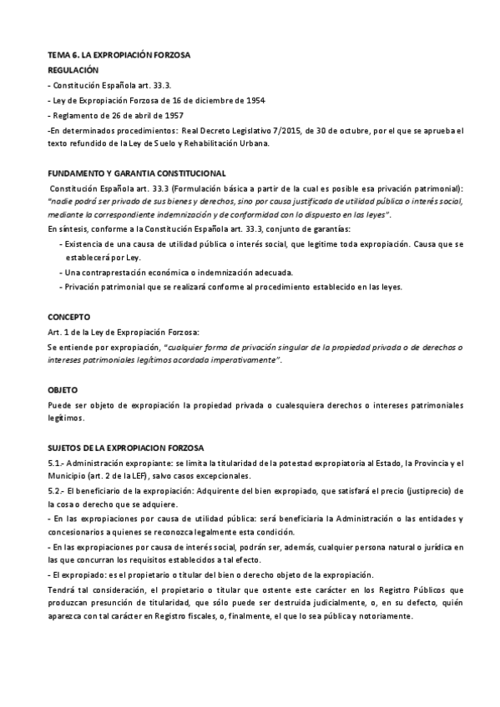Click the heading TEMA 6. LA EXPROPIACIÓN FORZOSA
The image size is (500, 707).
coord(119,55)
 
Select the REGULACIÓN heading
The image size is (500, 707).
coord(73,70)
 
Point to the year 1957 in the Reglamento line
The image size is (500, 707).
coord(171,115)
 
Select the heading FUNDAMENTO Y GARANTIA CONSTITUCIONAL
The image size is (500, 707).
coord(137,173)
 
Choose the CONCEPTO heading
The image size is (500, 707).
coord(68,318)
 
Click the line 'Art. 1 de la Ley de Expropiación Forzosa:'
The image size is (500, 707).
coord(123,332)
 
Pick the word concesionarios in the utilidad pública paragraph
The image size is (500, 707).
coord(73,532)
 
